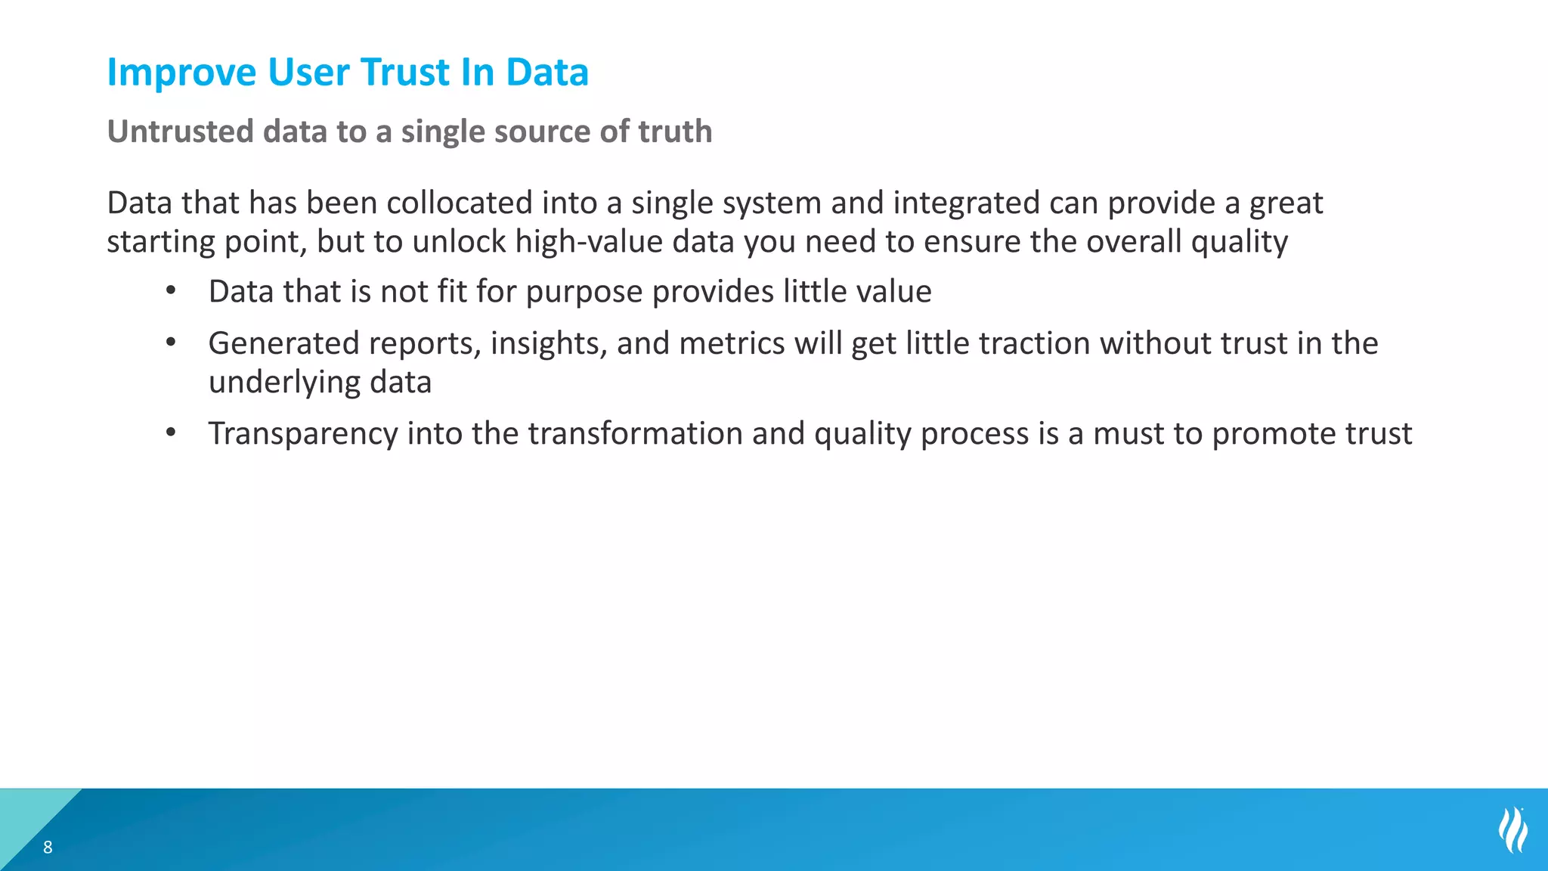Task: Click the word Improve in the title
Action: (x=181, y=73)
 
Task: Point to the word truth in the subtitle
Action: (x=674, y=132)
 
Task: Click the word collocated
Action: (x=460, y=203)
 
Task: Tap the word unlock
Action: (x=460, y=242)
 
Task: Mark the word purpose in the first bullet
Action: (x=584, y=293)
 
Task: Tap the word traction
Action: (x=1035, y=344)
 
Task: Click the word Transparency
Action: (x=302, y=435)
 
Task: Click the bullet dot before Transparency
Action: (x=172, y=432)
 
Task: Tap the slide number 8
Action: (x=48, y=848)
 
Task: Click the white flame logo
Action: (x=1512, y=830)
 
